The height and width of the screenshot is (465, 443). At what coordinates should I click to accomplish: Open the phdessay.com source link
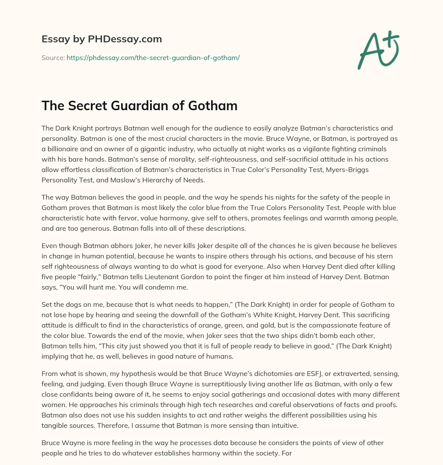tap(153, 57)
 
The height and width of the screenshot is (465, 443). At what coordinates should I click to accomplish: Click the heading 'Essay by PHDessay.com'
tap(102, 39)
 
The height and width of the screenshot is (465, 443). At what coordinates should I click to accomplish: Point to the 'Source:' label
tap(53, 57)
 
